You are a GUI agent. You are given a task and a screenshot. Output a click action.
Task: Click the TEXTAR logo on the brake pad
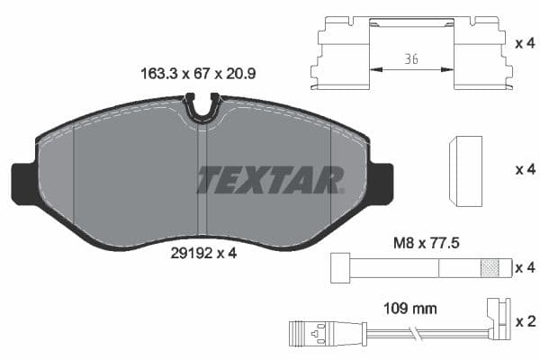(270, 179)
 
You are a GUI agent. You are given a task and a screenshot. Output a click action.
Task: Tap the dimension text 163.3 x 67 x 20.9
(198, 76)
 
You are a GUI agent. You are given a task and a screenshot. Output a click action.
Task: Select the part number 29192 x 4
(202, 253)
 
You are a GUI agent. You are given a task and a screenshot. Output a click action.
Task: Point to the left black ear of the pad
(23, 182)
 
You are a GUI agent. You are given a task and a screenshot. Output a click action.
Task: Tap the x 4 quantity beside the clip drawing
(524, 41)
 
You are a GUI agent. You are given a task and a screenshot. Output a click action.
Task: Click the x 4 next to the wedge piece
(524, 169)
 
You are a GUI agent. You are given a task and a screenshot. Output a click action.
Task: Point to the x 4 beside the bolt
(524, 267)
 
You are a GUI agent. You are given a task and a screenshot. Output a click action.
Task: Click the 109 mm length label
(410, 308)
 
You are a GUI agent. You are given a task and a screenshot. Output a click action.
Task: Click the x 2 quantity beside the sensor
(524, 321)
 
